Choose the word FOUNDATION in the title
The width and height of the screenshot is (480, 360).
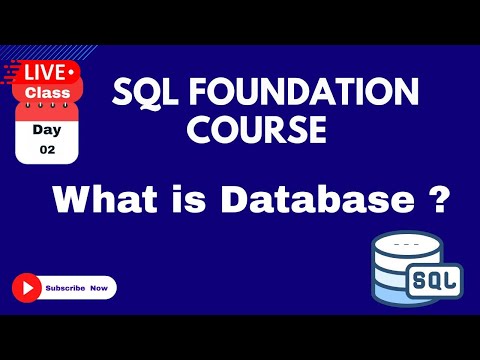pyautogui.click(x=306, y=94)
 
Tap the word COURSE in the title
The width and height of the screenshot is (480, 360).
pyautogui.click(x=264, y=130)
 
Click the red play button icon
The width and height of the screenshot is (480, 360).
pyautogui.click(x=27, y=288)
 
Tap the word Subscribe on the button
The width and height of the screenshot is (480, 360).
pyautogui.click(x=64, y=288)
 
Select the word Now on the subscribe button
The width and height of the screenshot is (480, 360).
pyautogui.click(x=97, y=288)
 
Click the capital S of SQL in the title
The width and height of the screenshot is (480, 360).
pyautogui.click(x=123, y=94)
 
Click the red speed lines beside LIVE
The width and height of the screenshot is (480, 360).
pyautogui.click(x=13, y=72)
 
